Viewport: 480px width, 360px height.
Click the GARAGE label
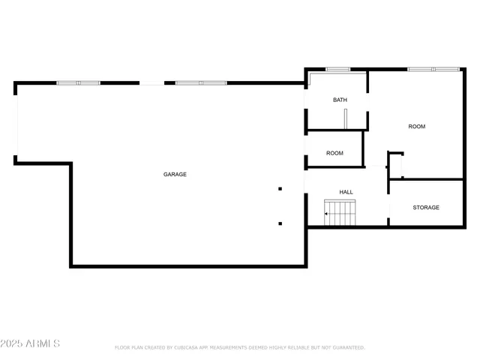coord(175,174)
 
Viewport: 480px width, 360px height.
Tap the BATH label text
coord(340,100)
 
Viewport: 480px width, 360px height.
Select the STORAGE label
coord(426,207)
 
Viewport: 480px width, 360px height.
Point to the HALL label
coord(346,192)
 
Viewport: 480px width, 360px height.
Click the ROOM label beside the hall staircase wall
coord(334,153)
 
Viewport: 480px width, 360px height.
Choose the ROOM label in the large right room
coord(416,127)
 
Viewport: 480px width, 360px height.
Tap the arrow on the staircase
coord(327,214)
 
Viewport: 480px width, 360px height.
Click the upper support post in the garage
coord(280,189)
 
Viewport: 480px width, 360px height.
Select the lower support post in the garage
coord(280,223)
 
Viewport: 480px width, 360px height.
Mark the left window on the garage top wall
coord(79,82)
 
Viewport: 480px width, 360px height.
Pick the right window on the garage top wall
coord(200,82)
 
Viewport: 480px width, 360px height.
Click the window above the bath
coord(337,70)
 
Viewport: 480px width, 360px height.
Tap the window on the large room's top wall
coord(433,69)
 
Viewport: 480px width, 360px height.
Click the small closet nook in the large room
coord(395,164)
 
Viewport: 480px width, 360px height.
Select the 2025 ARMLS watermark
coord(31,343)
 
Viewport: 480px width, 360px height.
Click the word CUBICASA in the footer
coord(190,348)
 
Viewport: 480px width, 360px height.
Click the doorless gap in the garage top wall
coord(152,82)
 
